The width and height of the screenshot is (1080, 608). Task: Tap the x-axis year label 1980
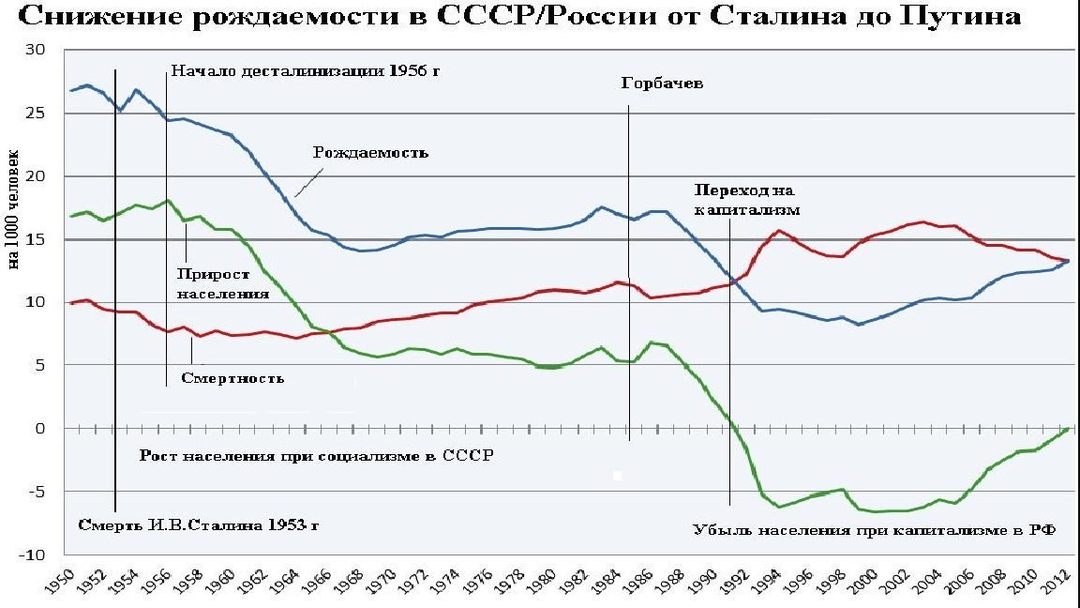[x=541, y=583]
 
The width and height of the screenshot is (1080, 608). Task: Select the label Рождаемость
[x=371, y=152]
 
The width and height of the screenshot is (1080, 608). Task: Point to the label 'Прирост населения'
[x=223, y=283]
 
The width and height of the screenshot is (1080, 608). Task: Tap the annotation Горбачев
[x=662, y=83]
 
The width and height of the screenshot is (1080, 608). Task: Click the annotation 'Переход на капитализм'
[x=747, y=199]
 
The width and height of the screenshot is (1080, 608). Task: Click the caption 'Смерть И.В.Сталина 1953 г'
[x=199, y=524]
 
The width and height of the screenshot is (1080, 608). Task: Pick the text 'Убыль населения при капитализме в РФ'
[x=874, y=528]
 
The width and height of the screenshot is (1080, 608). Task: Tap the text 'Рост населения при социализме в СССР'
[x=317, y=456]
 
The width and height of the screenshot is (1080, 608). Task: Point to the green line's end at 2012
[x=1067, y=428]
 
